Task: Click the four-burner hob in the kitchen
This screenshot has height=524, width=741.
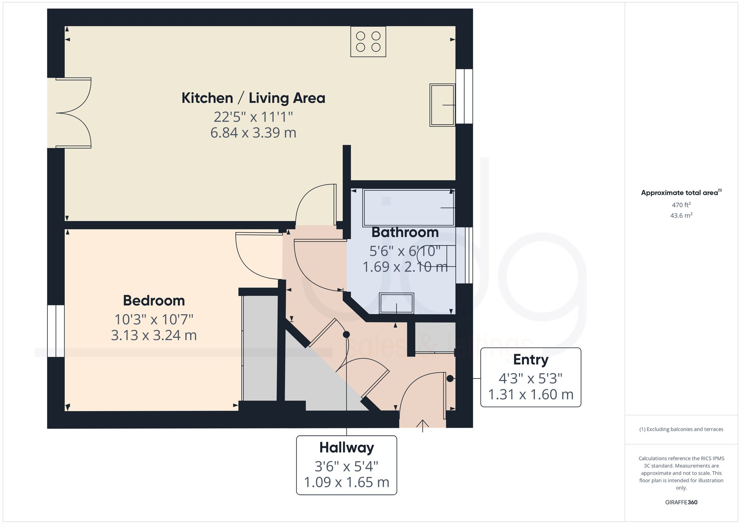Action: (x=368, y=41)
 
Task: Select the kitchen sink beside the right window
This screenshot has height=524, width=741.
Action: (x=442, y=105)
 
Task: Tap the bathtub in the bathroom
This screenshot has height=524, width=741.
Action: (x=409, y=208)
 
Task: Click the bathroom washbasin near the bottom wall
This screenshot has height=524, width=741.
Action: (x=396, y=303)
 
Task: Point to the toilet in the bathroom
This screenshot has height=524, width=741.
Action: (x=437, y=256)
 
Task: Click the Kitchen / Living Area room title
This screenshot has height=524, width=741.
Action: (x=253, y=98)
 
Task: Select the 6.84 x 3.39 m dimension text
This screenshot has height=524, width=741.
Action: (x=253, y=133)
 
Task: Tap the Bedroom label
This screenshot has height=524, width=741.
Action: (x=154, y=300)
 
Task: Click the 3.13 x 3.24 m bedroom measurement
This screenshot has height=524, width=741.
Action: (x=154, y=335)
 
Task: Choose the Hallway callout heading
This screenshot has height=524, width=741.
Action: (x=346, y=447)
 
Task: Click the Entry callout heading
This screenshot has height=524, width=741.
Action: (x=531, y=360)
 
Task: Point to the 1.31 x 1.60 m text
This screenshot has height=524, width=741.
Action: (x=531, y=394)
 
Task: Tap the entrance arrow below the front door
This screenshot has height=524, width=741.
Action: (x=423, y=425)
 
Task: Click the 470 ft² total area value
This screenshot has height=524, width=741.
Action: (x=681, y=205)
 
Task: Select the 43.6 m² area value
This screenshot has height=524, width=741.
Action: (x=681, y=215)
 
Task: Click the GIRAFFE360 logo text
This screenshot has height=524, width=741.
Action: (x=681, y=502)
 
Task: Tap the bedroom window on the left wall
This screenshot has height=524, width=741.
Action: (x=56, y=331)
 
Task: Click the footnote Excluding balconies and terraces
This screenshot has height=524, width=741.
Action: (x=681, y=429)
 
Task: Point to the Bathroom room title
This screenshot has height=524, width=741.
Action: (x=405, y=232)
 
